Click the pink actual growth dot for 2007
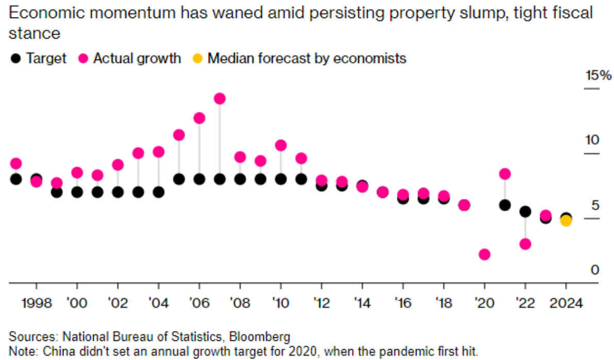(220, 99)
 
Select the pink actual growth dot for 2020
(484, 254)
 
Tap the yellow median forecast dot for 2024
(566, 221)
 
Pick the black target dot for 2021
(505, 205)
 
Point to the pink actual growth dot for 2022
(525, 244)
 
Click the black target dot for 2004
(159, 192)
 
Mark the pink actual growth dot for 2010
(281, 145)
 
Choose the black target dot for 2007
(220, 179)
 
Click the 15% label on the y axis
(598, 76)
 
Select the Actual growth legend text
(137, 58)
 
